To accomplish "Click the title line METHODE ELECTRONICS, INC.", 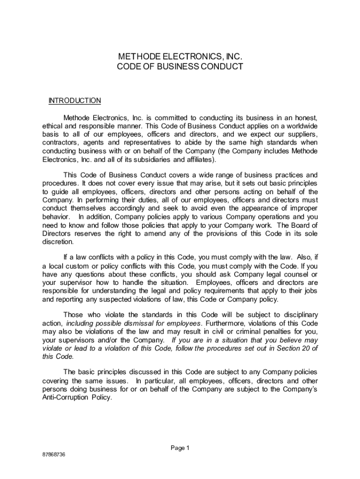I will tap(180, 57).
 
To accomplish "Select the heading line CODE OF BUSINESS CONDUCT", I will tap(180, 66).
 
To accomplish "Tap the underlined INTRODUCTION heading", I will tap(75, 101).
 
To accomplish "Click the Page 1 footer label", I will tap(180, 448).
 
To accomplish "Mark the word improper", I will tap(303, 208).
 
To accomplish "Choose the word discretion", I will tap(58, 242).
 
